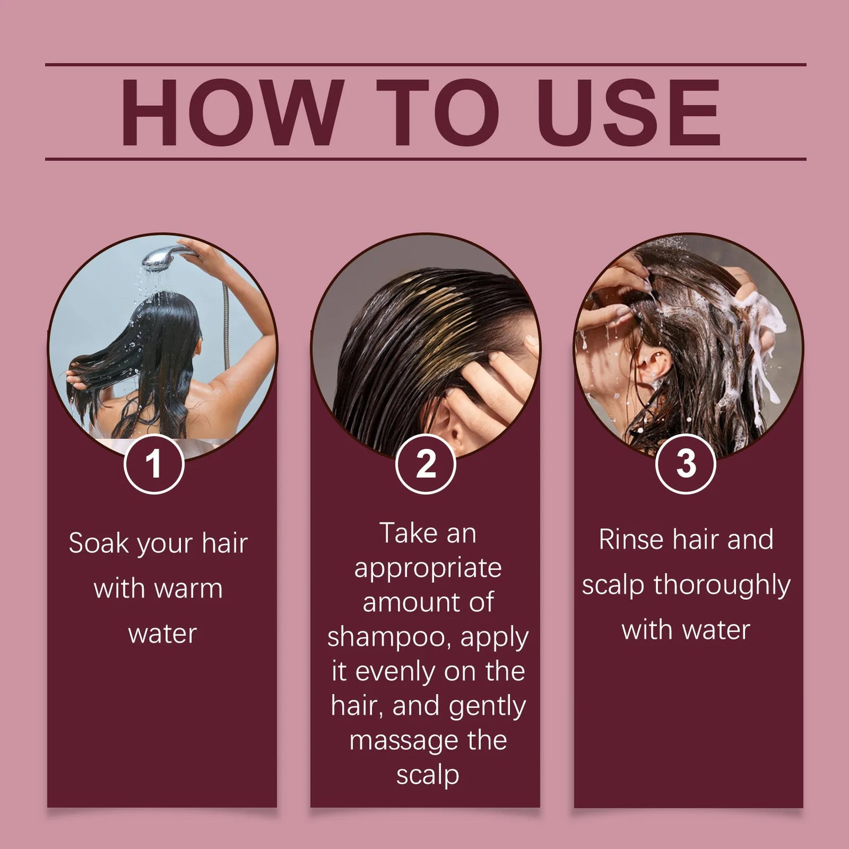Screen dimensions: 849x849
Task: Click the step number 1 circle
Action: coord(154,464)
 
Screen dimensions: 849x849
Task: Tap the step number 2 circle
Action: coord(426,464)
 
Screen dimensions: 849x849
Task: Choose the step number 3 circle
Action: coord(685,464)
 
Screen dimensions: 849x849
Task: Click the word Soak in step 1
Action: coord(98,543)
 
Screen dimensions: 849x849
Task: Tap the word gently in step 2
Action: coord(487,707)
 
